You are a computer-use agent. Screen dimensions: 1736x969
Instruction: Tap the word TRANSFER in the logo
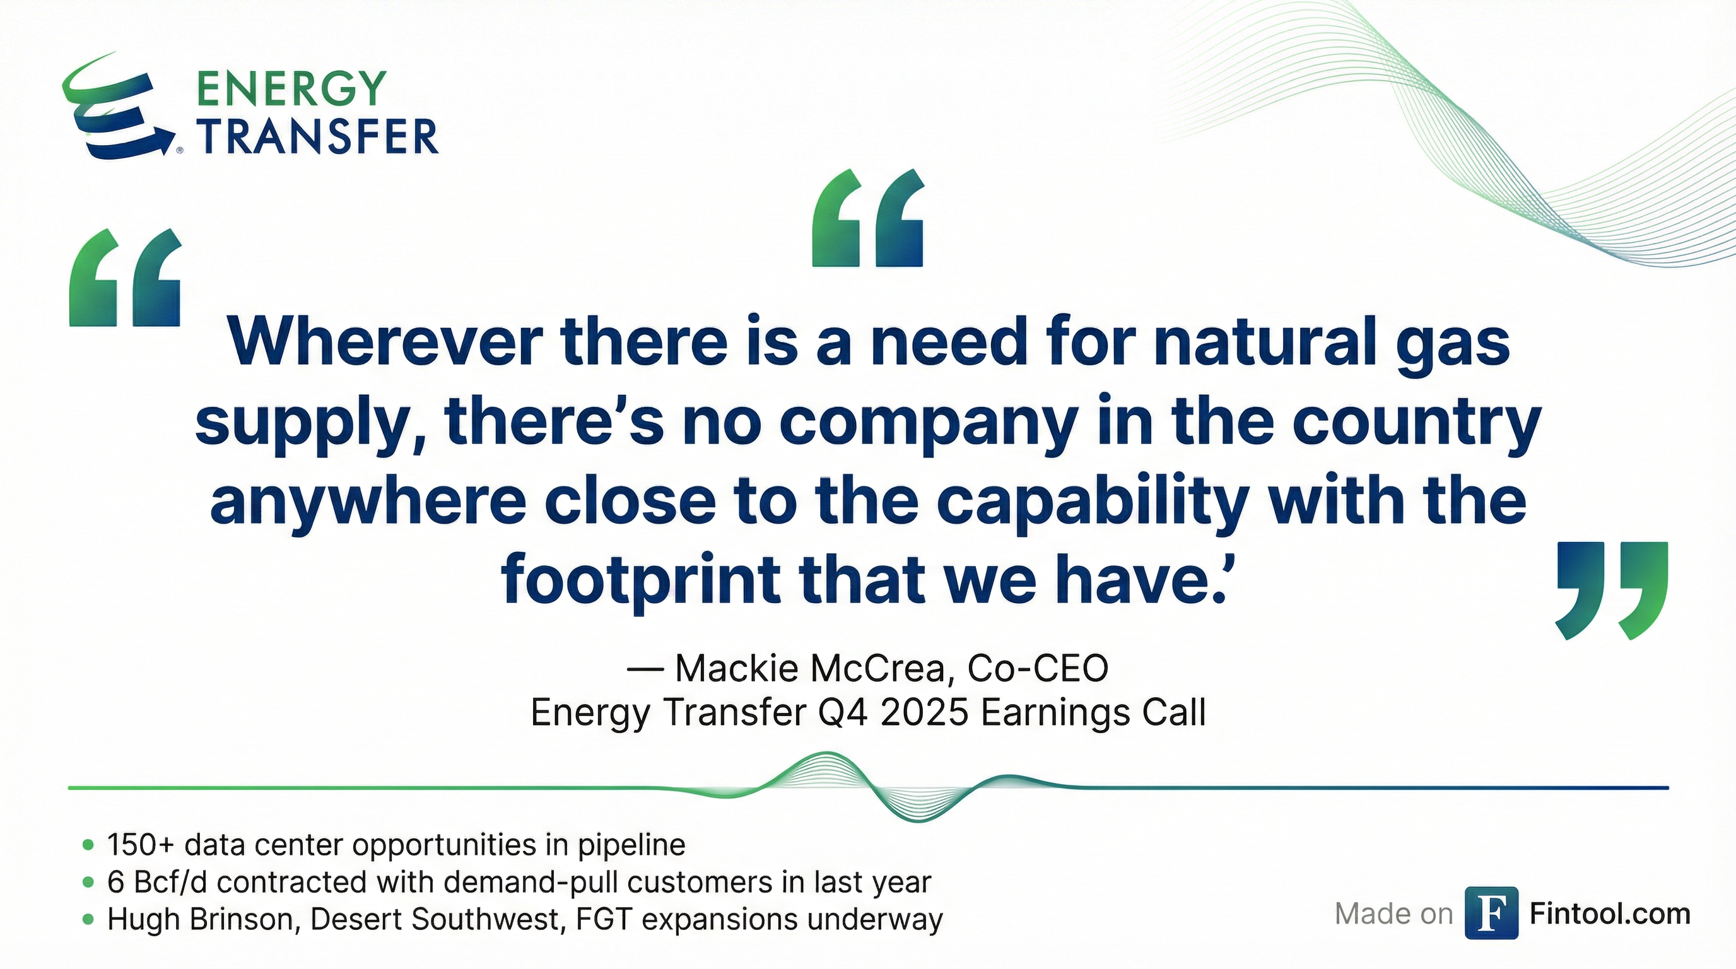tap(317, 136)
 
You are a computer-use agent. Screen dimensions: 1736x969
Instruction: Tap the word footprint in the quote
tap(640, 582)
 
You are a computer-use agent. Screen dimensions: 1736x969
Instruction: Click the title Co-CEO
tap(1038, 669)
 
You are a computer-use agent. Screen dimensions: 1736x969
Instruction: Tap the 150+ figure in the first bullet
tap(142, 844)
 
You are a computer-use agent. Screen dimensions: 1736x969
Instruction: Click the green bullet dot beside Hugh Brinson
tap(87, 919)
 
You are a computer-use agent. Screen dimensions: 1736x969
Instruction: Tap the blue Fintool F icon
tap(1491, 913)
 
